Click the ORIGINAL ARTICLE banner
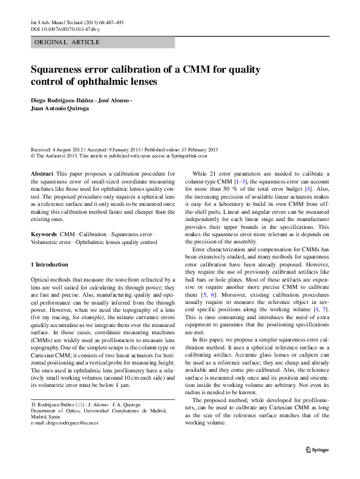pyautogui.click(x=67, y=42)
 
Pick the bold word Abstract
pyautogui.click(x=42, y=174)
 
